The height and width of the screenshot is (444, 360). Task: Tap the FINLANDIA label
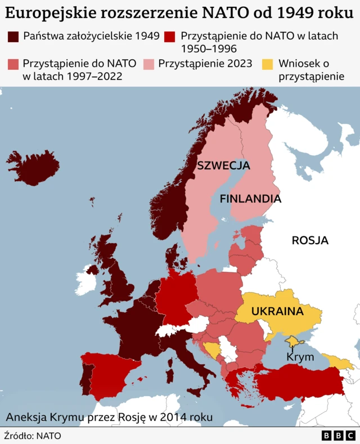[x=250, y=199]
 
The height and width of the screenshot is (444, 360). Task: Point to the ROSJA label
[x=310, y=241]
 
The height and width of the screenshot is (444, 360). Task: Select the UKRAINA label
[x=277, y=311]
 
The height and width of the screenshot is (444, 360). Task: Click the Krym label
[x=296, y=357]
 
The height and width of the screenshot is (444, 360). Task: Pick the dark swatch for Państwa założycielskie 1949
[x=13, y=37]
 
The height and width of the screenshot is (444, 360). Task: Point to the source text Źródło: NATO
[x=33, y=435]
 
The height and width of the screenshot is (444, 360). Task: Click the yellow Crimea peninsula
[x=294, y=341]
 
